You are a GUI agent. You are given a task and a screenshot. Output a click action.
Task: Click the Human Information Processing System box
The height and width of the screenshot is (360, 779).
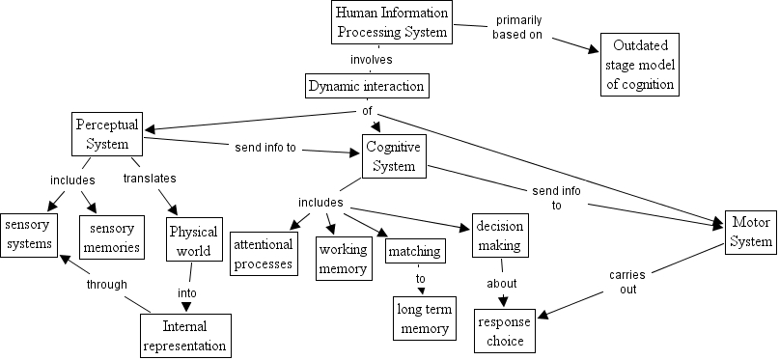(x=392, y=22)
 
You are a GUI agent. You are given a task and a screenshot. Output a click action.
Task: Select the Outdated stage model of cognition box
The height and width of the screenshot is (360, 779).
(x=638, y=65)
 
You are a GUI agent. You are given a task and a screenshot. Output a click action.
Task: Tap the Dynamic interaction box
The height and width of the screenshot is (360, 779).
(x=366, y=86)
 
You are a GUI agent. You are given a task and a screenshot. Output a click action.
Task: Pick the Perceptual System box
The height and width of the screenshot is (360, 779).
(x=107, y=135)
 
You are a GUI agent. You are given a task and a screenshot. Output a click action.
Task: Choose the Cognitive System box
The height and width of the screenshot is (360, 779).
(x=394, y=156)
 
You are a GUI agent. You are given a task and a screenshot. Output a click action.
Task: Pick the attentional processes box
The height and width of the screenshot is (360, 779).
(x=264, y=254)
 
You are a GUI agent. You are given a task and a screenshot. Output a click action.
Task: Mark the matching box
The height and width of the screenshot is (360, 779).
(x=415, y=253)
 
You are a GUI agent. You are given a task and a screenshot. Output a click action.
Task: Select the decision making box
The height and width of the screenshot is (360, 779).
(x=501, y=235)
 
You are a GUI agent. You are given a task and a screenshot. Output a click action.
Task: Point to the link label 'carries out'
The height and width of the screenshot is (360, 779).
(x=626, y=282)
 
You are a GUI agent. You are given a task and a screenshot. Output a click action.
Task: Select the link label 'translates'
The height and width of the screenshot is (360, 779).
(x=149, y=180)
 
